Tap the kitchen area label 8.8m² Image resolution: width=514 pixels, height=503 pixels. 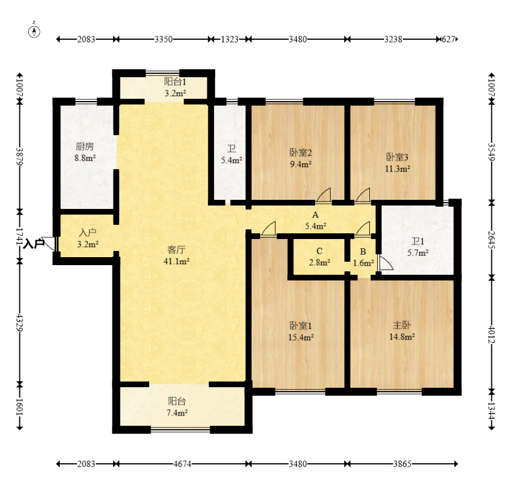click(85, 158)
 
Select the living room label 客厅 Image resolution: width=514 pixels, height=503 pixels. click(177, 250)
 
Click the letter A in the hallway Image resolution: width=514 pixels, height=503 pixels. click(315, 215)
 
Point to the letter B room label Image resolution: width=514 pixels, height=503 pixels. click(363, 251)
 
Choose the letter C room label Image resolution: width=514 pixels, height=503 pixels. click(320, 251)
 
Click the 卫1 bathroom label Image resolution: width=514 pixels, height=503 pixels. click(417, 241)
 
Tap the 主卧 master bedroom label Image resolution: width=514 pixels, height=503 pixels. click(402, 325)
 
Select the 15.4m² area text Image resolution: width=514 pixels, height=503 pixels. click(301, 337)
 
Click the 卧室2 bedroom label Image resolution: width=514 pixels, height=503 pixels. click(300, 152)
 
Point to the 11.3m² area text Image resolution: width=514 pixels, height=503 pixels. click(398, 169)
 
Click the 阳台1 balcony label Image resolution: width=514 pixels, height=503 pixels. click(175, 82)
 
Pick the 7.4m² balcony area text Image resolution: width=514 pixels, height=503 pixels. click(177, 413)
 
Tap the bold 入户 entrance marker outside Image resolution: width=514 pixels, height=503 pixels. click(34, 244)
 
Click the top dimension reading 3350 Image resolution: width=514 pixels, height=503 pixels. click(164, 39)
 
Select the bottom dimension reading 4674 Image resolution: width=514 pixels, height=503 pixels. click(182, 464)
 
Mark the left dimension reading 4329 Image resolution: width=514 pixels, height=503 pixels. click(20, 323)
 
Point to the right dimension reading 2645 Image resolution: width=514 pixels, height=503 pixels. click(491, 240)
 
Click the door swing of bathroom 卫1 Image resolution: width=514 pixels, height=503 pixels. click(386, 263)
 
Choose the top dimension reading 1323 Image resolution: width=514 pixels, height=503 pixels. click(229, 39)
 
